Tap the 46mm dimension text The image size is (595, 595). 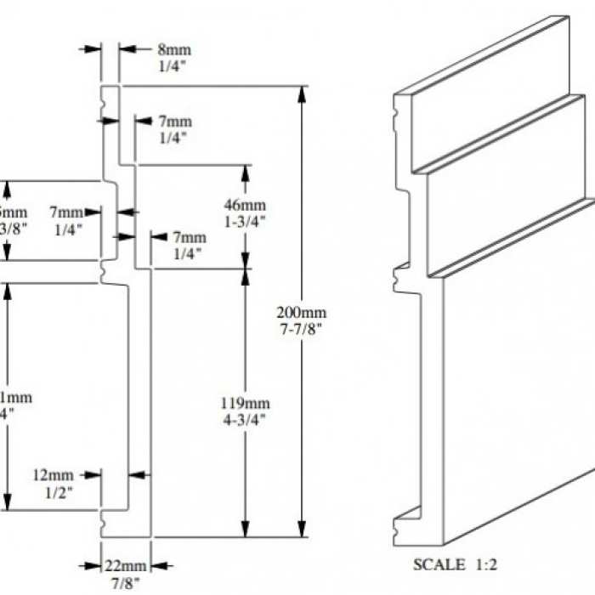click(246, 206)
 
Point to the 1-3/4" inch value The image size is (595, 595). click(246, 221)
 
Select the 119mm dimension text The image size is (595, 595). click(246, 403)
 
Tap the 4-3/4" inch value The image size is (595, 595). click(246, 418)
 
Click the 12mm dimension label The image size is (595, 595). click(54, 474)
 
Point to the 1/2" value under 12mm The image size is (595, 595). click(54, 490)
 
